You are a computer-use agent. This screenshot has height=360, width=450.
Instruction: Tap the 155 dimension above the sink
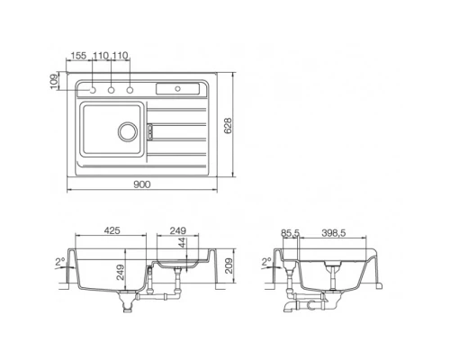(80, 56)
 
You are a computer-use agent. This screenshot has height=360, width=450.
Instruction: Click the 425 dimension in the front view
(112, 231)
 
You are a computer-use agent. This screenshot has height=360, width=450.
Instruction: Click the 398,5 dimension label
(336, 231)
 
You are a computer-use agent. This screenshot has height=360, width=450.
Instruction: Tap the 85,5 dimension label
(290, 231)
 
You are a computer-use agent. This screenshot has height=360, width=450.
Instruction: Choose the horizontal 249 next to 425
(177, 231)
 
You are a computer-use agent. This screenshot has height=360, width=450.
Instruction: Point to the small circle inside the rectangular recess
(178, 88)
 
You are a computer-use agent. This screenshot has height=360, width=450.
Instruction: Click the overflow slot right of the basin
(150, 131)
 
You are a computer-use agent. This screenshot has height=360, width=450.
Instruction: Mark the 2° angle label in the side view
(265, 263)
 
